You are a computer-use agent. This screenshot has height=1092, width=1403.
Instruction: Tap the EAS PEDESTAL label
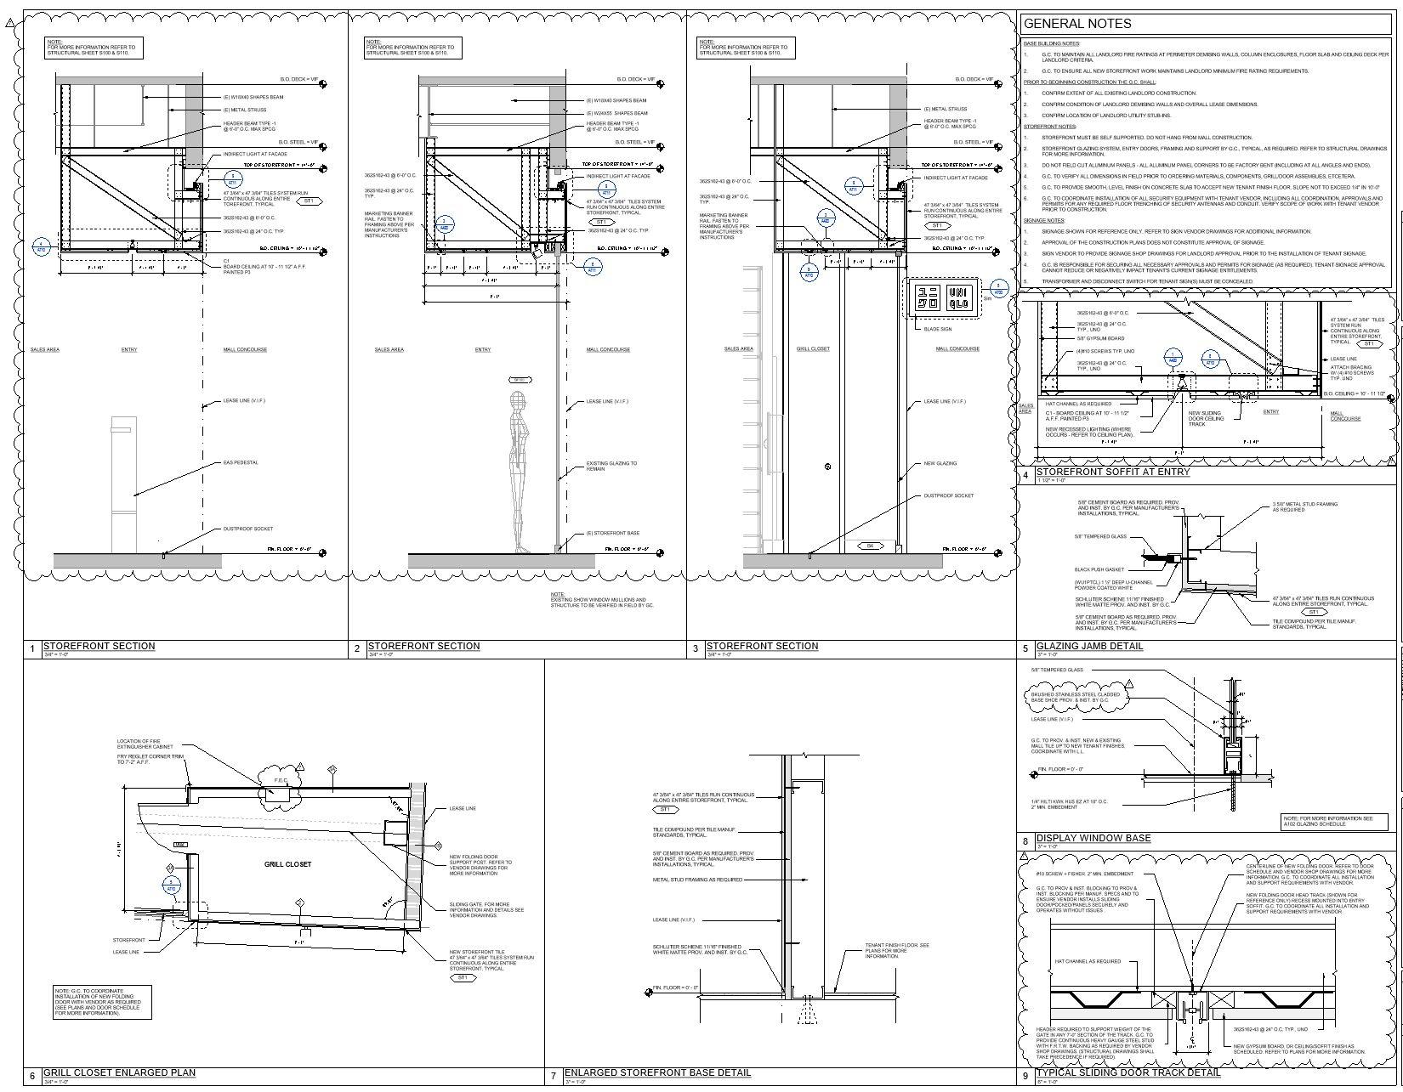(241, 462)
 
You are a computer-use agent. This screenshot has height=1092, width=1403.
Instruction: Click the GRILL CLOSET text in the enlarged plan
(287, 864)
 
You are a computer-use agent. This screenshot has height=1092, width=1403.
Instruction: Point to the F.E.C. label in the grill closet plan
(279, 780)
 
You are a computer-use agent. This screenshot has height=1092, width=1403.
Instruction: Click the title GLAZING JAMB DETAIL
(1088, 646)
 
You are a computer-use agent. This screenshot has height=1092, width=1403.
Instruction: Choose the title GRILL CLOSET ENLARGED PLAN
(119, 1072)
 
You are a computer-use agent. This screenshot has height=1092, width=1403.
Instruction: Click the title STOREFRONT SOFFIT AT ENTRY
(1112, 472)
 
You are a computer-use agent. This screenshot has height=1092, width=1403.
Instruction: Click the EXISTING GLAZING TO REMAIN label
(611, 466)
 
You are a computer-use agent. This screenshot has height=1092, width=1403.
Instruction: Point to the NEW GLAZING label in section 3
(940, 463)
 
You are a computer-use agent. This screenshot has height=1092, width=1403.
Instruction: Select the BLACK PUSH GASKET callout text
(1099, 569)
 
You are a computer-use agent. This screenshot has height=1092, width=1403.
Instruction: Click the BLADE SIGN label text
(937, 329)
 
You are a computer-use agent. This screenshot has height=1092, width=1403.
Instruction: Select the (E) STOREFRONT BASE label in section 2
(612, 533)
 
